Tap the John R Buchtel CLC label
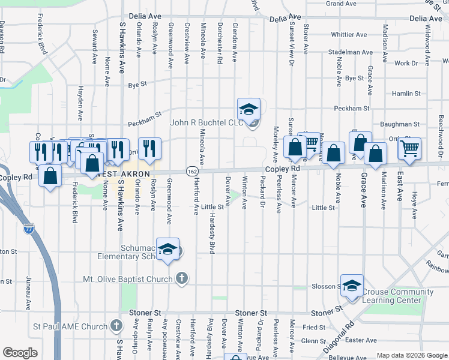207,123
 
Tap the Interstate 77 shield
29,229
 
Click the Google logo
20,352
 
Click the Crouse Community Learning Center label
397,296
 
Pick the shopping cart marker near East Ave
410,147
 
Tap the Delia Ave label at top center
285,19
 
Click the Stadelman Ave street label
351,52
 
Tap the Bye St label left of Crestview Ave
137,85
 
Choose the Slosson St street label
327,286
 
